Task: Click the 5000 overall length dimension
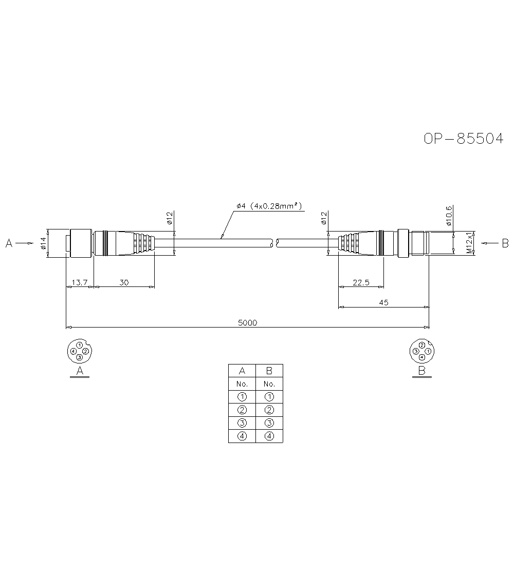click(247, 322)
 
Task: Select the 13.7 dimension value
click(80, 282)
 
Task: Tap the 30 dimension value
click(124, 282)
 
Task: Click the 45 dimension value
click(383, 303)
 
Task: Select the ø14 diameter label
click(43, 243)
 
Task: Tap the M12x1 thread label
click(469, 243)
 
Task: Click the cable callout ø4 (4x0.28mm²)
click(269, 206)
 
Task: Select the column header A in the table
click(242, 371)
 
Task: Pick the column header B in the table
click(269, 371)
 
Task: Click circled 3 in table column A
click(242, 423)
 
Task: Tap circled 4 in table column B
click(269, 436)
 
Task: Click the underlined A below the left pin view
click(80, 371)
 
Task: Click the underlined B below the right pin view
click(421, 371)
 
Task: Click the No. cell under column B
click(269, 384)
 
